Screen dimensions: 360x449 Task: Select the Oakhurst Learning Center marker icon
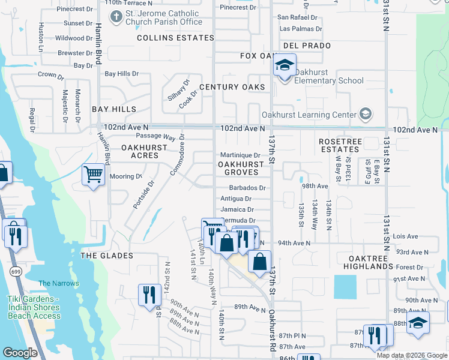[x=365, y=115]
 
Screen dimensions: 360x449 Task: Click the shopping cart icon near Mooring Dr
[x=93, y=175]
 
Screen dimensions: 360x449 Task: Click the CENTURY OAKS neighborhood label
[x=232, y=87]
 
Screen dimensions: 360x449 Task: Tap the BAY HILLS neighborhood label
[x=114, y=109]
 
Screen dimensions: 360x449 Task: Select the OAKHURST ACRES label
[x=144, y=151]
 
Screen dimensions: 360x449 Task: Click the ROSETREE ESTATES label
[x=339, y=145]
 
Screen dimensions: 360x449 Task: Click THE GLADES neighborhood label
[x=106, y=256]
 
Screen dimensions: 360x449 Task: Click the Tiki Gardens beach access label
[x=34, y=307]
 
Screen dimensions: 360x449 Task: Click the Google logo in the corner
[x=20, y=353]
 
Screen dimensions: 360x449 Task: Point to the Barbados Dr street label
[x=243, y=188]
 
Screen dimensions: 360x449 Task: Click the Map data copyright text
[x=411, y=355]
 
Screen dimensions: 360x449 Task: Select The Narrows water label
[x=58, y=283]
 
